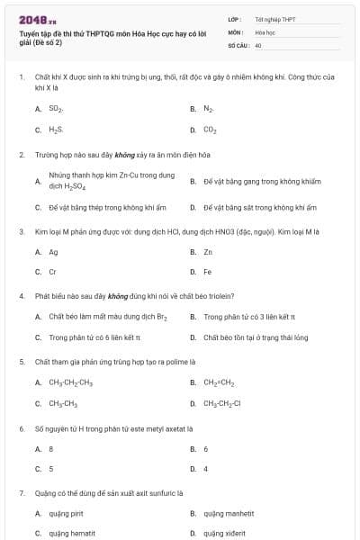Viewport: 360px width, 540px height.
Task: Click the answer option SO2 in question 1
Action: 55,108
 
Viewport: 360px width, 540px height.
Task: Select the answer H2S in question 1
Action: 56,130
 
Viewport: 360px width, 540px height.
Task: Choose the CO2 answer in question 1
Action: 210,130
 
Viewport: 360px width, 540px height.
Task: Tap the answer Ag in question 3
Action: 53,252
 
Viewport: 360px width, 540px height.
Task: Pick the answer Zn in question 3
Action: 208,252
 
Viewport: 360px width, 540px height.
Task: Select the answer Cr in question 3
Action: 52,271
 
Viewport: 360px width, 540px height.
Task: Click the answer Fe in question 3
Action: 208,271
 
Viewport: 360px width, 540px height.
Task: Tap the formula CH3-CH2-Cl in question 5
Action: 222,403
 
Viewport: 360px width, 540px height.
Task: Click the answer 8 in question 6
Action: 51,448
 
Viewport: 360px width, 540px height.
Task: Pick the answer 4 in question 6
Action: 206,469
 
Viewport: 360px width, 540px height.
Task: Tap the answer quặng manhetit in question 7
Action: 225,513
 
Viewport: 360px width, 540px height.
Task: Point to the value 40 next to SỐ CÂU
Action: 258,43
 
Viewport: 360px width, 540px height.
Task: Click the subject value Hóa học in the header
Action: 265,31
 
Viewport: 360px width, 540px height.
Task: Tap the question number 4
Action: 21,295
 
